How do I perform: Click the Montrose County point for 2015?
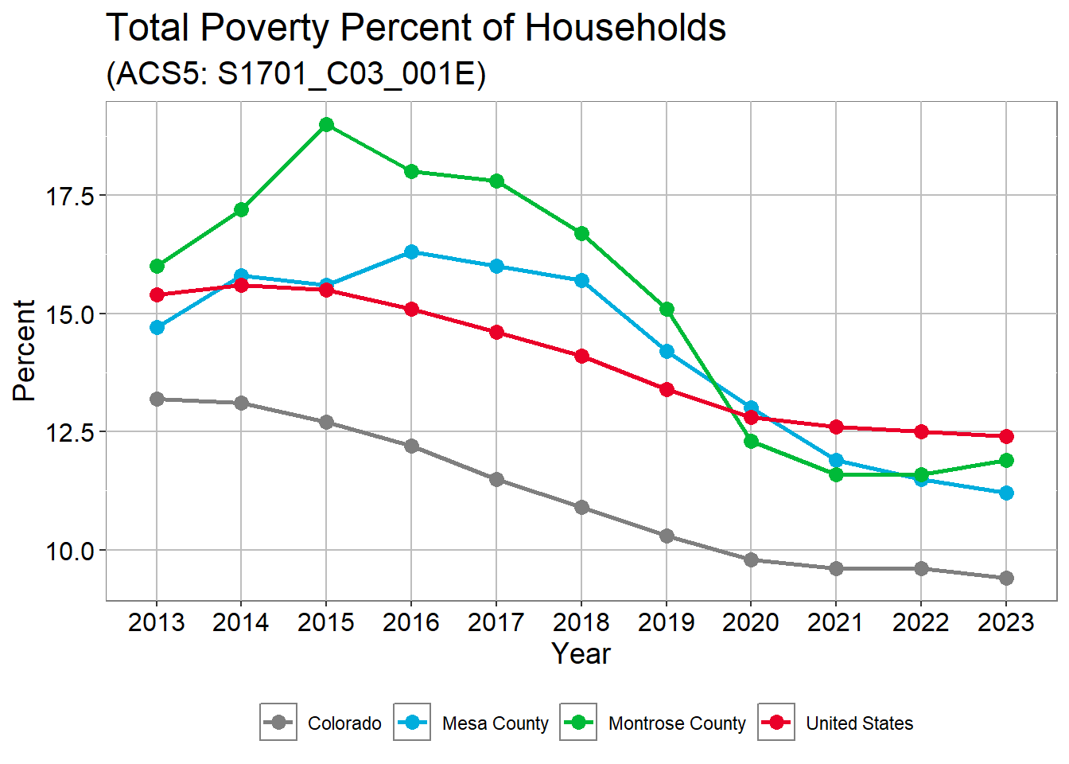point(326,124)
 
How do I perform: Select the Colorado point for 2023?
point(1006,578)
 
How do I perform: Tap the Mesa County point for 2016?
point(411,251)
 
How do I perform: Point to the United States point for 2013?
point(157,294)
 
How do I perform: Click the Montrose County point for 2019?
point(667,309)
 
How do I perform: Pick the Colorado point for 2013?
point(157,399)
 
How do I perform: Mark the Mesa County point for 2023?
point(1006,493)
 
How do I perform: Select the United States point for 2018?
point(581,356)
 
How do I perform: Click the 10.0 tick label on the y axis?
point(70,551)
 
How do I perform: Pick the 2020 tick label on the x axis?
point(751,622)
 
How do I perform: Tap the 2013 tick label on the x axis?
point(157,622)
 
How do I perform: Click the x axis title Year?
point(581,654)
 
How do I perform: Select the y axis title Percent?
point(25,350)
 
